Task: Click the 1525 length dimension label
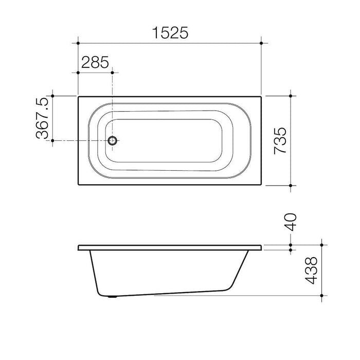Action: pos(170,32)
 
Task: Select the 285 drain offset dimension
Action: pos(95,62)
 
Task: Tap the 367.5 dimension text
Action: pos(43,118)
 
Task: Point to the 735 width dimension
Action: pos(280,140)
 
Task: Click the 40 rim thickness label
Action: pos(291,222)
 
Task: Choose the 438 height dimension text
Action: pos(311,271)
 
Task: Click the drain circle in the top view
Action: pos(113,140)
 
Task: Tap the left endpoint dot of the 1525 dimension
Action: pos(78,43)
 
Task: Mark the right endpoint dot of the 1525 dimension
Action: pos(261,43)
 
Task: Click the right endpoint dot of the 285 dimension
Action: pos(112,73)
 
